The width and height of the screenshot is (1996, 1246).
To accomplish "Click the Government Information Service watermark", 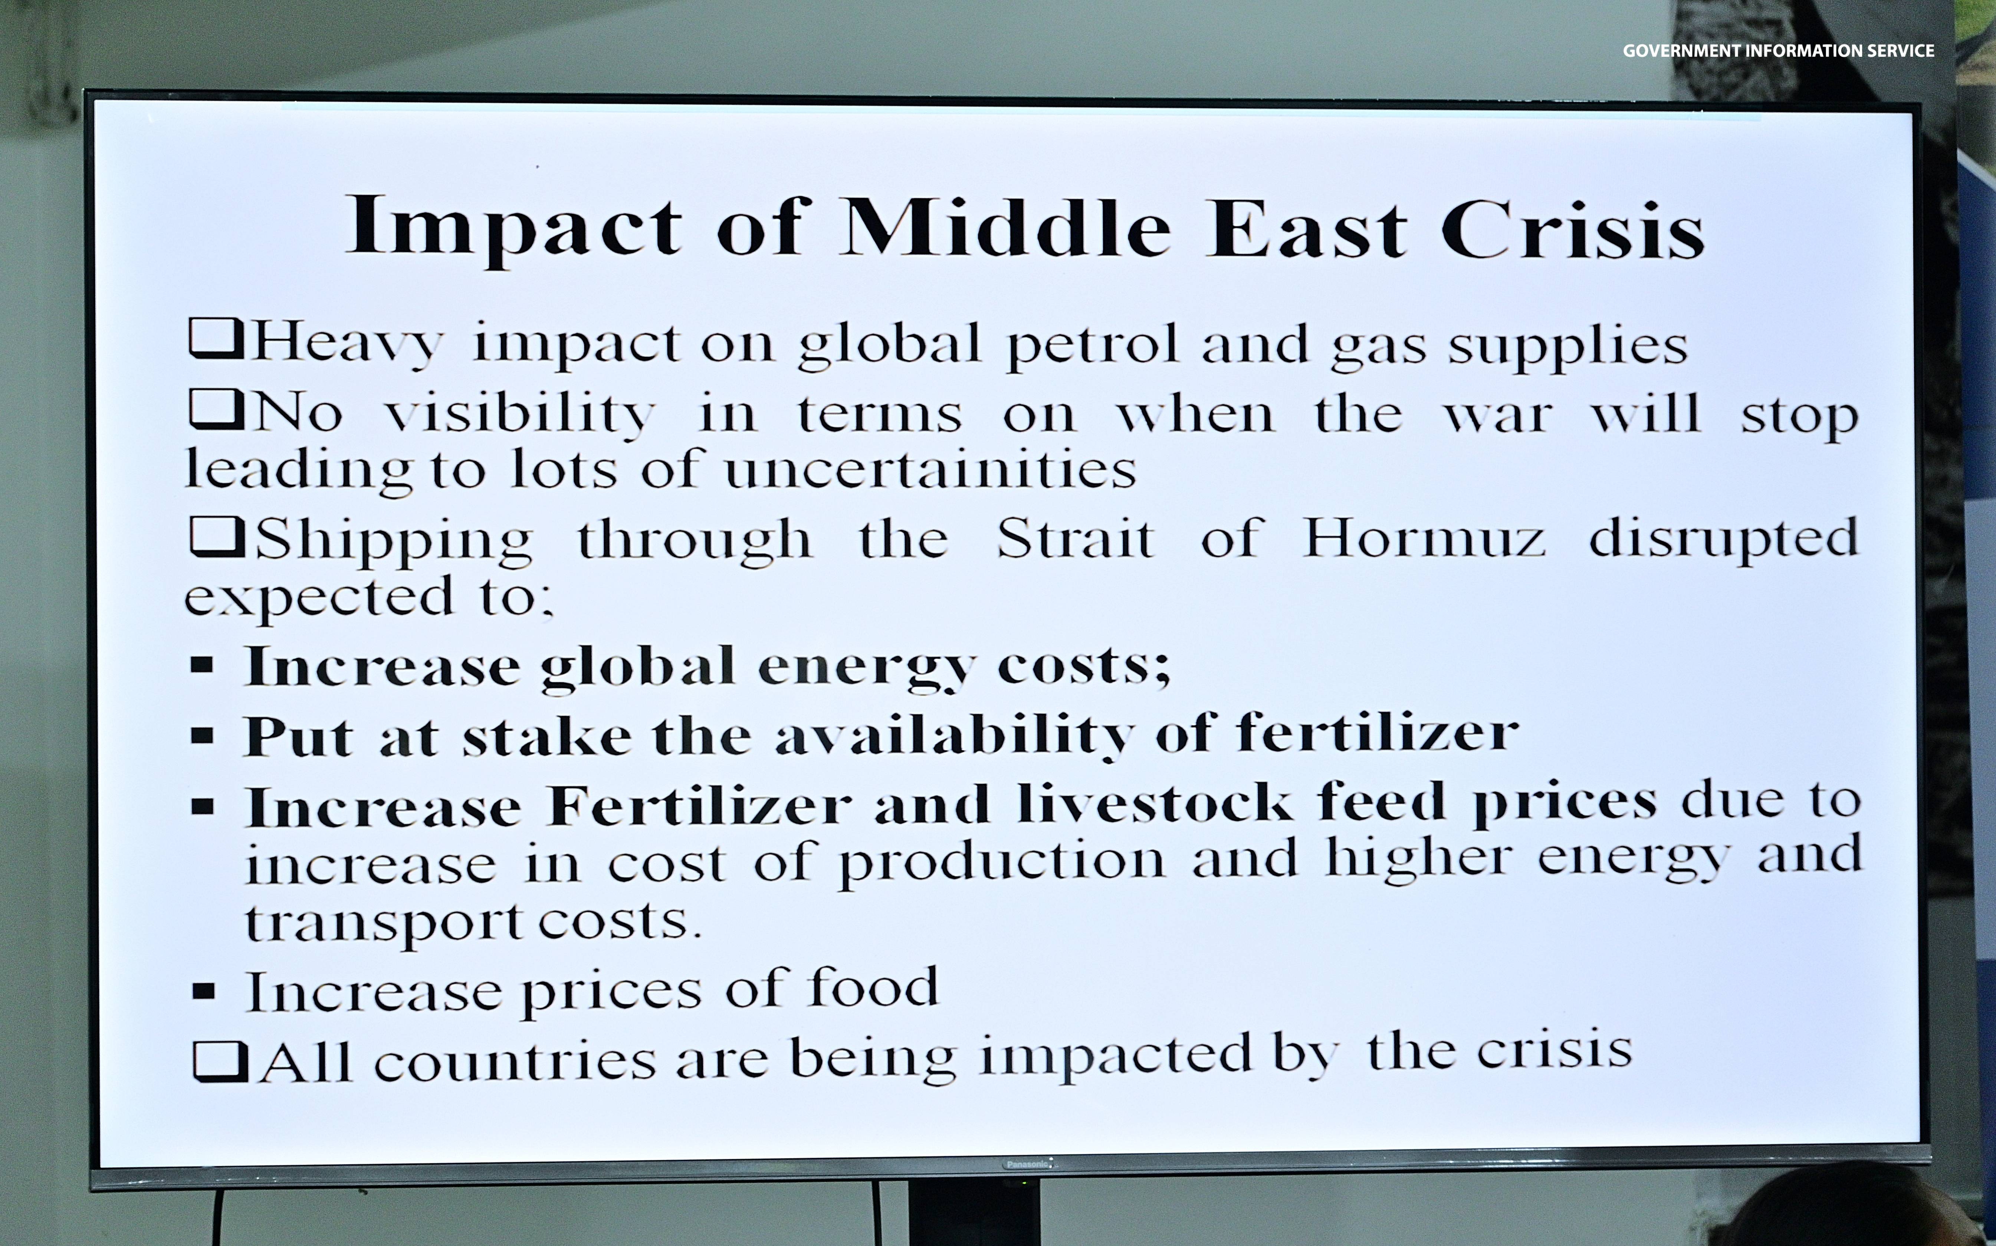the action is [1779, 50].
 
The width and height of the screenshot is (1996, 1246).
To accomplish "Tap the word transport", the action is [384, 923].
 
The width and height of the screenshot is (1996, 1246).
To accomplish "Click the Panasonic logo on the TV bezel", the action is [1027, 1164].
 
